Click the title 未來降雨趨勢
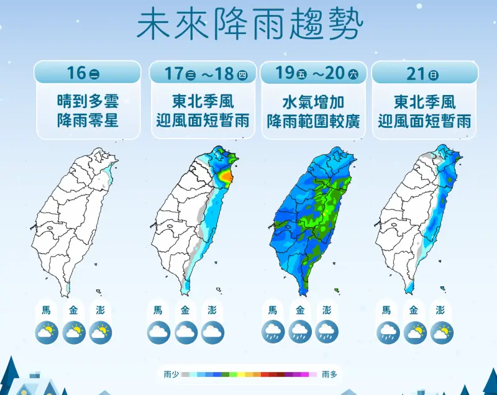coord(249,24)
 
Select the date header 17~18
coord(206,73)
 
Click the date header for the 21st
coord(425,73)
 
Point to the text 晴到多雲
coord(88,101)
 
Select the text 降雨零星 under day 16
coord(88,120)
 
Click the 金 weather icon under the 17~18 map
coord(186,332)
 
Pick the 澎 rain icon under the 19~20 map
coord(327,332)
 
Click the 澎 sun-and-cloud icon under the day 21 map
coord(442,332)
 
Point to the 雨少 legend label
coord(171,375)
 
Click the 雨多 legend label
coord(329,375)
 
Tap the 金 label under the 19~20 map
coord(300,311)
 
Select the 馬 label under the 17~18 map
coord(158,311)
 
